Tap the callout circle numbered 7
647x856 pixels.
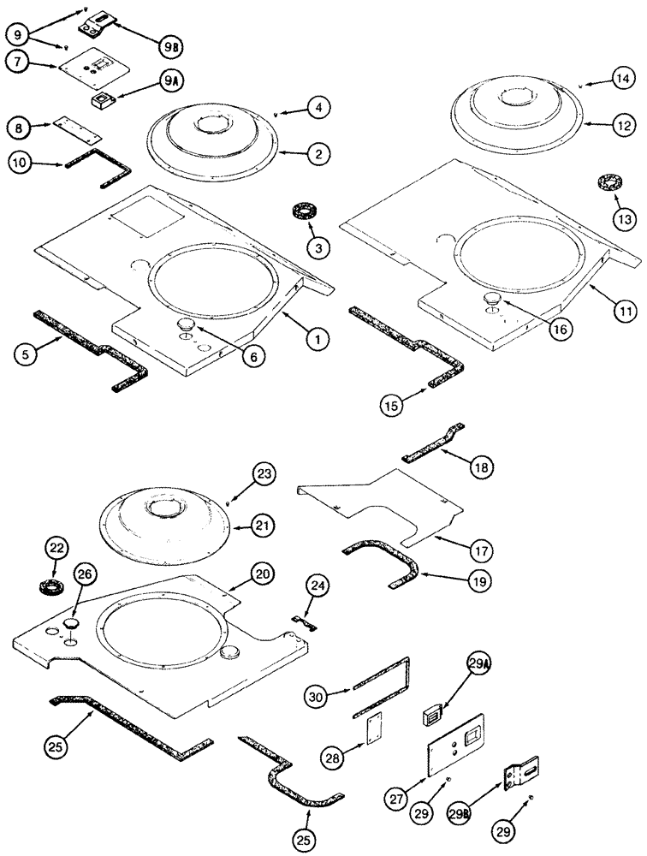(x=20, y=62)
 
